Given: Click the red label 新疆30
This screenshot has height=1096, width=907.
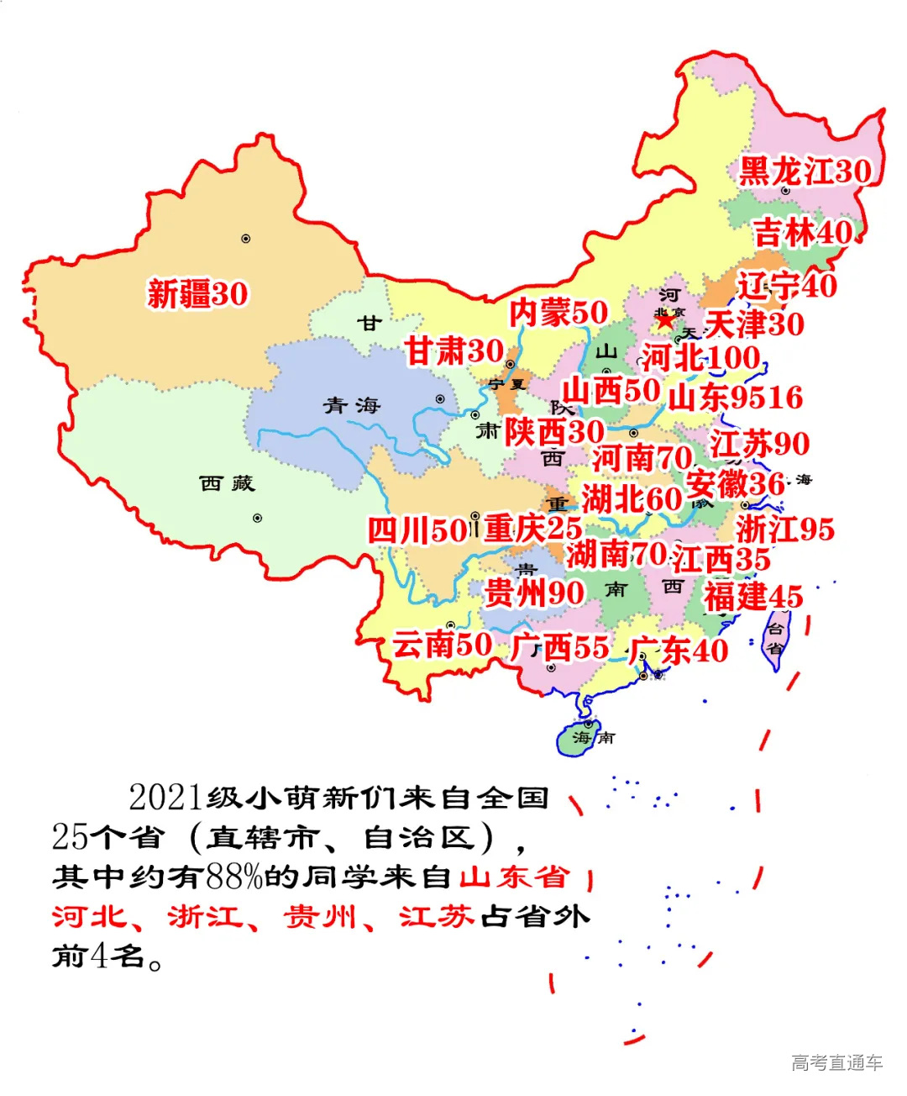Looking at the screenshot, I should pyautogui.click(x=197, y=294).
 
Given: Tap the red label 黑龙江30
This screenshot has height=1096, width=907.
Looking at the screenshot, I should pyautogui.click(x=805, y=171).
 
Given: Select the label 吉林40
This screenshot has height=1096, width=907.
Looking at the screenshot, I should pyautogui.click(x=803, y=233).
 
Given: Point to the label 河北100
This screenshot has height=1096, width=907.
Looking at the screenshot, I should pyautogui.click(x=701, y=358).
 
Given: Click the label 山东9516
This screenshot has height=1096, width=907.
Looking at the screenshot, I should pyautogui.click(x=736, y=398).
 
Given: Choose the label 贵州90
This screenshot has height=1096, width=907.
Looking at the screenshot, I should pyautogui.click(x=534, y=593).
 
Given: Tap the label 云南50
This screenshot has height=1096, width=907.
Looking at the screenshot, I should pyautogui.click(x=443, y=645).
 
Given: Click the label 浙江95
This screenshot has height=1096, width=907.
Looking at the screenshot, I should pyautogui.click(x=785, y=529).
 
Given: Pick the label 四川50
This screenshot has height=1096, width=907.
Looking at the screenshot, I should pyautogui.click(x=417, y=530).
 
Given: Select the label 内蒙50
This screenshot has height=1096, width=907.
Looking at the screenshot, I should pyautogui.click(x=558, y=313).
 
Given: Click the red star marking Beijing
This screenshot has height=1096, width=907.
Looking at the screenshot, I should pyautogui.click(x=665, y=320).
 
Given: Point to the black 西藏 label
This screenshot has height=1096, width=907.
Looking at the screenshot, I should pyautogui.click(x=227, y=483).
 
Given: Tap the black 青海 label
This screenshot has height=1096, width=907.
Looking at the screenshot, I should pyautogui.click(x=353, y=406).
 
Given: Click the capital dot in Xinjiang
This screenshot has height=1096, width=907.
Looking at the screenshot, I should pyautogui.click(x=246, y=239).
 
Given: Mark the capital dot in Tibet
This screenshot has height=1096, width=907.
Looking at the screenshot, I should pyautogui.click(x=258, y=518).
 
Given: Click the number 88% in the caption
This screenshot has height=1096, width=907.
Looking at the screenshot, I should pyautogui.click(x=234, y=877).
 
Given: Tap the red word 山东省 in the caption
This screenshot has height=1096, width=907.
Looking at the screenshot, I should pyautogui.click(x=515, y=877).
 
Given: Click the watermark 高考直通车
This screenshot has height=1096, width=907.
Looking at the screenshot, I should pyautogui.click(x=836, y=1062).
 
